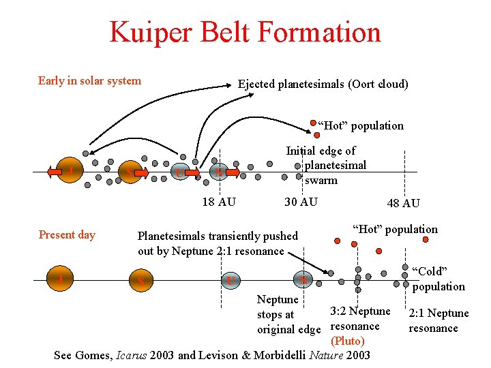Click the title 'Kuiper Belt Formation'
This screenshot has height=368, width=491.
[x=245, y=32]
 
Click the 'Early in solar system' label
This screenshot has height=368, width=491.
[x=89, y=81]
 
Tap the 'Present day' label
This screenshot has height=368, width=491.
[x=67, y=235]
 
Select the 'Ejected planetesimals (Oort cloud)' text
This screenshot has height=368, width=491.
[x=323, y=85]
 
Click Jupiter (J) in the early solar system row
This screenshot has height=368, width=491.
[x=71, y=170]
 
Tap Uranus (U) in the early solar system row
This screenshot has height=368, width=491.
[x=179, y=172]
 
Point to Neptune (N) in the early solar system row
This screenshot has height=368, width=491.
[x=219, y=172]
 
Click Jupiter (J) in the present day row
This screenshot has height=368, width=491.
[x=59, y=279]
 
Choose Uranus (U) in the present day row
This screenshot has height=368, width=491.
[x=231, y=280]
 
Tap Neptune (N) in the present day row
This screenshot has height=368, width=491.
[x=302, y=279]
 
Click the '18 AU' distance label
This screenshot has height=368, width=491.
[x=219, y=202]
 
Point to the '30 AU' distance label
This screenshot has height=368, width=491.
[x=301, y=202]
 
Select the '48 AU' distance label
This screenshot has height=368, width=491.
[x=403, y=203]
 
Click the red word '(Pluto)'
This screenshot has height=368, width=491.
[x=347, y=341]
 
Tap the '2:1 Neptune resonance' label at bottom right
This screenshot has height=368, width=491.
[x=438, y=320]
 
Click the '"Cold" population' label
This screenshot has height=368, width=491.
[x=438, y=279]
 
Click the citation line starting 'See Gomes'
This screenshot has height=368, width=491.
[x=212, y=355]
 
